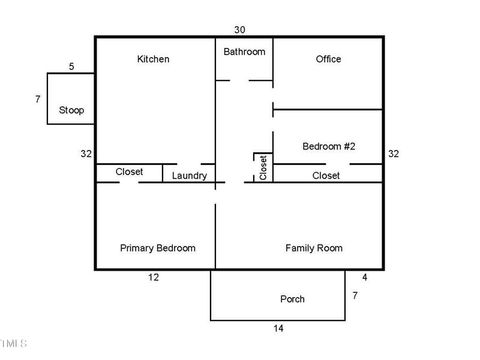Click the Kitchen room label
[153, 59]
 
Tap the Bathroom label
[244, 52]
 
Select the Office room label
[328, 59]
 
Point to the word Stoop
[71, 110]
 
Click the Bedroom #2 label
[329, 146]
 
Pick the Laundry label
[189, 176]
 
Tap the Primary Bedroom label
[158, 248]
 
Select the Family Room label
[314, 248]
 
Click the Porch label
[292, 299]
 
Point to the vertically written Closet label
[263, 167]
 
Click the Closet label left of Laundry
[129, 172]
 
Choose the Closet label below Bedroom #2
[326, 176]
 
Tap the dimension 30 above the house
[239, 29]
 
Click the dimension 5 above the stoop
[71, 67]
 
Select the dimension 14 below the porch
[278, 328]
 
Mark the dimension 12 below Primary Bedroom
[154, 277]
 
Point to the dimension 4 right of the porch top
[364, 277]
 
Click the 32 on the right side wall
[394, 154]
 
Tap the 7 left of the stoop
[38, 99]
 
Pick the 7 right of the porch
[355, 296]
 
